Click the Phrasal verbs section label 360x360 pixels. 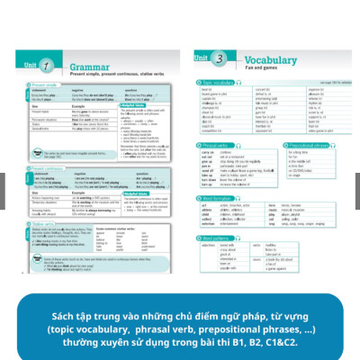point(218,144)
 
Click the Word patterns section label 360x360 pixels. point(219,238)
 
